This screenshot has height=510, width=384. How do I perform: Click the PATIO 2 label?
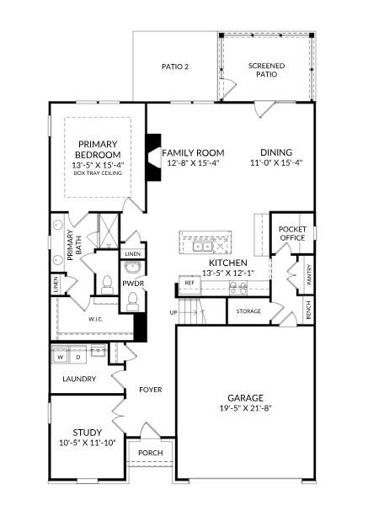[x=175, y=66]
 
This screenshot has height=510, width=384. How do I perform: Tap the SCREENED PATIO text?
[x=266, y=71]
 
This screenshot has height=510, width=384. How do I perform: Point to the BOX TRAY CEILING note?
[x=97, y=173]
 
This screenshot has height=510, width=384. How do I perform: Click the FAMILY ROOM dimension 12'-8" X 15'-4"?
[x=192, y=164]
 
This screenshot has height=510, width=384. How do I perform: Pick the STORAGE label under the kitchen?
[x=248, y=311]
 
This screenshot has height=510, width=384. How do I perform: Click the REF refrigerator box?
[x=189, y=284]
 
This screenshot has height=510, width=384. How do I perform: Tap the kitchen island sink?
[x=202, y=247]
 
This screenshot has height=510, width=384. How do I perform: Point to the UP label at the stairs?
[x=174, y=312]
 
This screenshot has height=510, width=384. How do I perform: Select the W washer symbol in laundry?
[x=60, y=358]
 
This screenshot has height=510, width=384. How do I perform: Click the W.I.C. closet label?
[x=96, y=320]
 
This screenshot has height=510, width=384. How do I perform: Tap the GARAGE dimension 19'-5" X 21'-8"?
[x=245, y=409]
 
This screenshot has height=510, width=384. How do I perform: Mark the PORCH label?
[x=150, y=453]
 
